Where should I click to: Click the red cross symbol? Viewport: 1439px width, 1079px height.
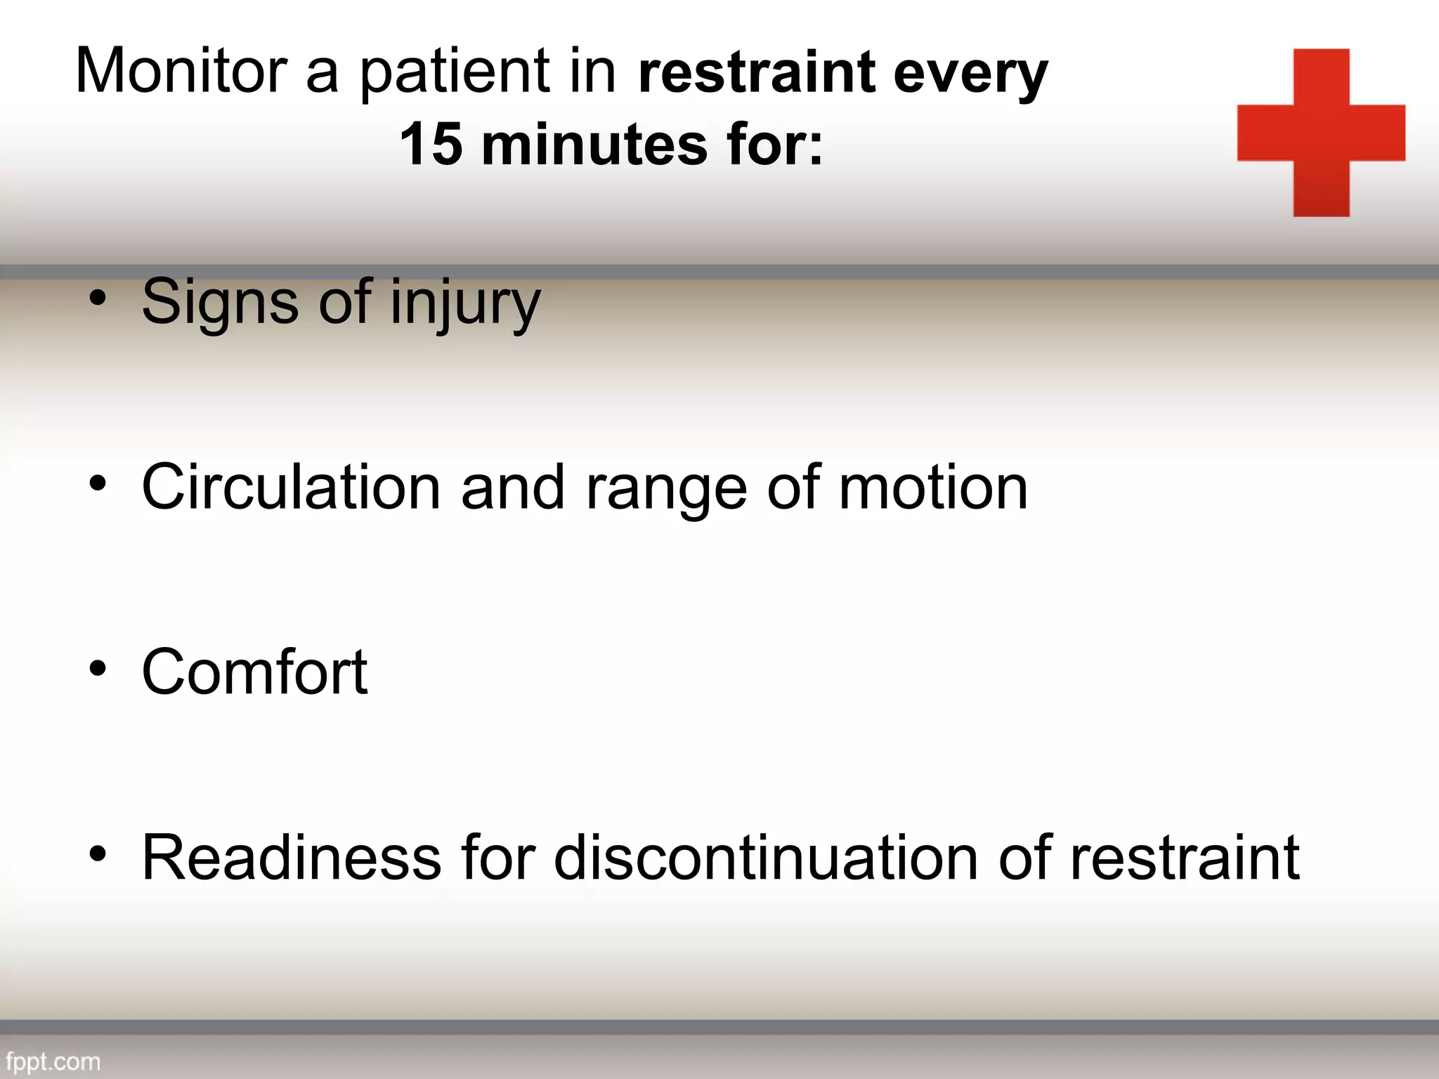[1321, 133]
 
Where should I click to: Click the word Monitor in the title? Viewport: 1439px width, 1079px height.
[181, 70]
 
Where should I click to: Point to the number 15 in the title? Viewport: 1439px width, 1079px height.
[430, 145]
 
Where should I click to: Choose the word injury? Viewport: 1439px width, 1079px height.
[465, 303]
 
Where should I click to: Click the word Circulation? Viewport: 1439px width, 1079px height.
[291, 487]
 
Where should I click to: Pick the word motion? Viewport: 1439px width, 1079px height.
[933, 487]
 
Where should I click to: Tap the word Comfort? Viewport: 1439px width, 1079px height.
[254, 672]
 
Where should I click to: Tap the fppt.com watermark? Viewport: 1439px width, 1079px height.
[53, 1061]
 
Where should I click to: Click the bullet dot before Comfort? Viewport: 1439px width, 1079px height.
[98, 668]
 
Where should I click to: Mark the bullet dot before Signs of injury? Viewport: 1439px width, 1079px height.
[98, 298]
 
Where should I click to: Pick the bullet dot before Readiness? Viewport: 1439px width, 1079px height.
[98, 853]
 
